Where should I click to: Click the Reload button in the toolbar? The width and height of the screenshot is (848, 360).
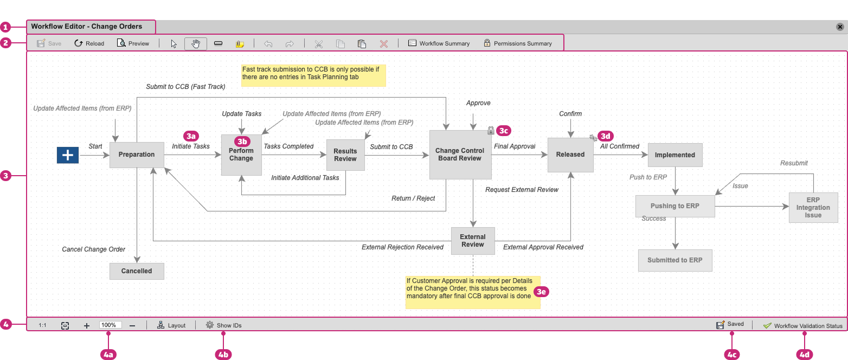89,43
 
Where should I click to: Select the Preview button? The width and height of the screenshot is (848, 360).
133,43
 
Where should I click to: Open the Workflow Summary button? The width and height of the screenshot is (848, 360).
439,43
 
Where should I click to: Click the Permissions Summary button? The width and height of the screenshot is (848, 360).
517,43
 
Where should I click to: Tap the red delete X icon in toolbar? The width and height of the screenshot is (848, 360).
384,44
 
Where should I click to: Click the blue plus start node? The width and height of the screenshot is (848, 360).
68,155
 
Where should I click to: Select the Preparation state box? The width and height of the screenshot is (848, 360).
137,155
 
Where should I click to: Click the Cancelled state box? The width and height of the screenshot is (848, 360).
137,271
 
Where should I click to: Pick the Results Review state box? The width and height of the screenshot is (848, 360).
345,155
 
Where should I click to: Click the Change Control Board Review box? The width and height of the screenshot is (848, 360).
460,155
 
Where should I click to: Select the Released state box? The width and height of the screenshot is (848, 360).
570,155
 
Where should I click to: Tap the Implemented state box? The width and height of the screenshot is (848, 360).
674,155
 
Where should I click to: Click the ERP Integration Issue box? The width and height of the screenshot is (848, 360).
813,208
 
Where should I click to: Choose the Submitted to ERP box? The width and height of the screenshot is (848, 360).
674,260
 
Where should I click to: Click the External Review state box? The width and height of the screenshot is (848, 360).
473,241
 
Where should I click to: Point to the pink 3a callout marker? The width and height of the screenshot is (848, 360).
191,136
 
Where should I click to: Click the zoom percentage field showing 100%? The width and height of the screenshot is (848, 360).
110,325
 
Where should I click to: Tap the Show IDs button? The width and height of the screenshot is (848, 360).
223,325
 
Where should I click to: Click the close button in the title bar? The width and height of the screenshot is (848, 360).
840,27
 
